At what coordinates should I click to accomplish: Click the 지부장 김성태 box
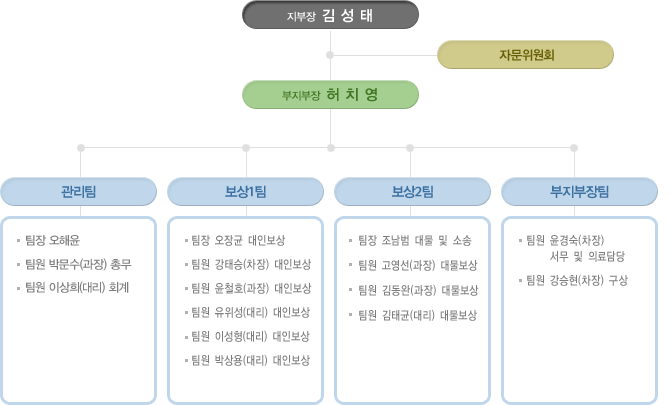[330, 15]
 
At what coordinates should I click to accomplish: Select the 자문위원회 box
[526, 55]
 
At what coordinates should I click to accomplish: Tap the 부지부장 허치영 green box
[330, 94]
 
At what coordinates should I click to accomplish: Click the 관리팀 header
[79, 191]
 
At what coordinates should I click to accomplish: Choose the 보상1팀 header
[245, 191]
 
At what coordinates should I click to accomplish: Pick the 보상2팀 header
[412, 191]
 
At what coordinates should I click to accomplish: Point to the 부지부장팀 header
[579, 191]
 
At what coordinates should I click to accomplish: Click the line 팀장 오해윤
[52, 240]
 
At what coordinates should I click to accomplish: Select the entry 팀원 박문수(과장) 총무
[78, 264]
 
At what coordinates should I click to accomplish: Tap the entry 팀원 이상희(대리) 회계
[77, 288]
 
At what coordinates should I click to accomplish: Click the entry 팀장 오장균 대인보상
[238, 240]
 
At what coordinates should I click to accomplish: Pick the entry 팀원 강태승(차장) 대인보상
[251, 264]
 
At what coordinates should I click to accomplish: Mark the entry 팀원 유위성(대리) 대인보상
[250, 312]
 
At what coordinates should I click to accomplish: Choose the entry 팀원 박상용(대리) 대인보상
[250, 360]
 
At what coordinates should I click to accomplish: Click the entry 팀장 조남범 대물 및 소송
[414, 241]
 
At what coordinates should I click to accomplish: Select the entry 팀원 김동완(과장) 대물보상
[418, 291]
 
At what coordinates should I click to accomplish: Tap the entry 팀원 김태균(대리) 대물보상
[417, 315]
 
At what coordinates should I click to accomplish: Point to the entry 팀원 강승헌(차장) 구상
[577, 280]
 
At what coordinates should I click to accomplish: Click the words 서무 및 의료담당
[587, 256]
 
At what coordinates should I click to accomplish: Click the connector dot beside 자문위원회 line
[330, 55]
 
